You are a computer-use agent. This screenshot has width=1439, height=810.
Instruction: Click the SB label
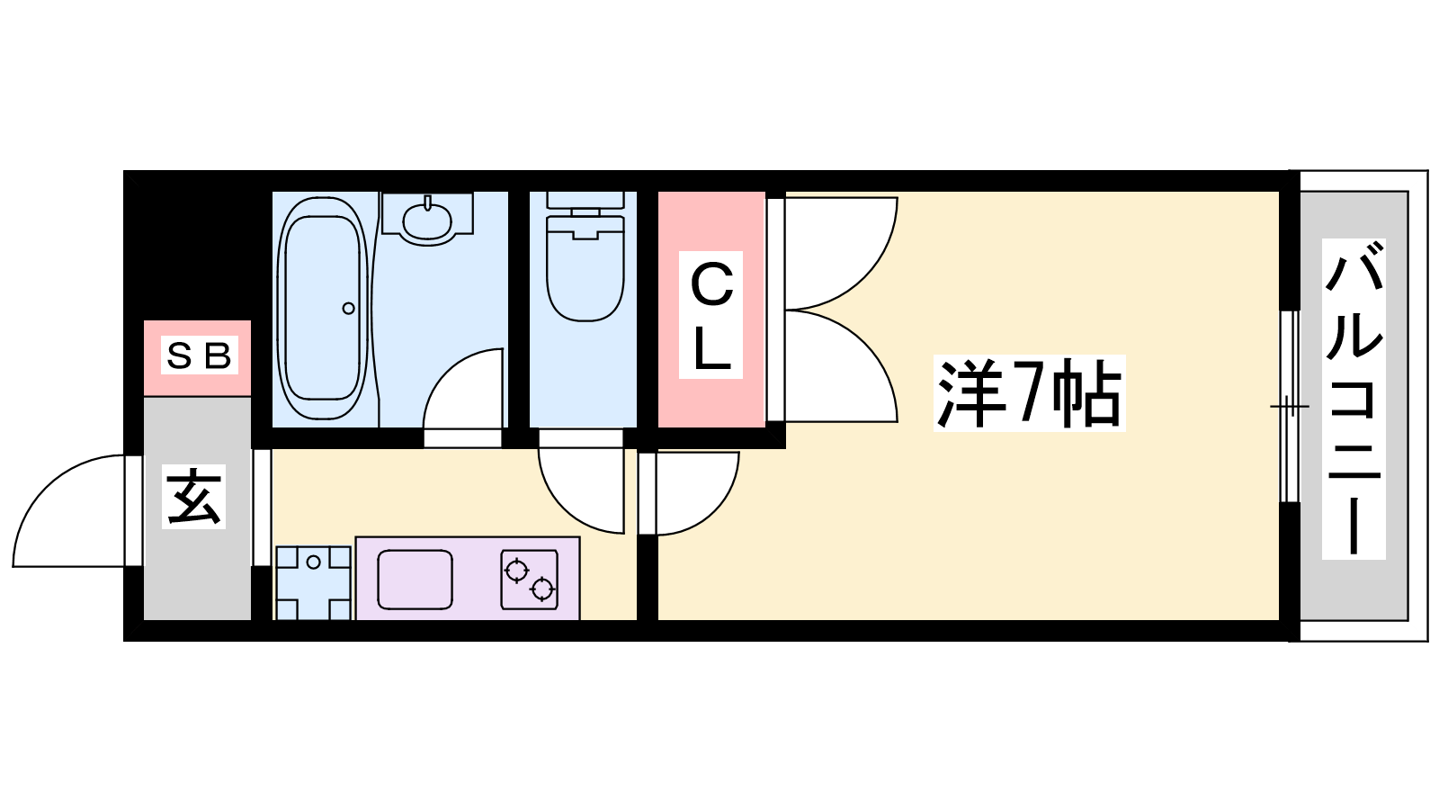tap(199, 355)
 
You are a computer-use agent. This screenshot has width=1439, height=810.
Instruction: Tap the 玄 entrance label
tap(193, 496)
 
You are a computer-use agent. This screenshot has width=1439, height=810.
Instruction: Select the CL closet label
tap(711, 315)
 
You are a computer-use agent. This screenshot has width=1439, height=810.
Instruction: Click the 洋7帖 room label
tap(1029, 392)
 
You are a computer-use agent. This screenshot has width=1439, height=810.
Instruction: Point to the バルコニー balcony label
tap(1354, 400)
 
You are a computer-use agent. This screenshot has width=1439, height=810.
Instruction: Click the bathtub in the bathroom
tap(323, 308)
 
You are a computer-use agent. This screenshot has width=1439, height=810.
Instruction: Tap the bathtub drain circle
tap(348, 309)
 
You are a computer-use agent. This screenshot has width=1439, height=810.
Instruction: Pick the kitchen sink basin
tap(415, 580)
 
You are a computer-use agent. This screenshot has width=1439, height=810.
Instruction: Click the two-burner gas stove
tap(530, 580)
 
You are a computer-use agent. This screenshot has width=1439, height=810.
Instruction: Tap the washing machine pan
tap(313, 582)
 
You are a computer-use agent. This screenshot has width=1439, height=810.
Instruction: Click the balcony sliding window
tap(1290, 406)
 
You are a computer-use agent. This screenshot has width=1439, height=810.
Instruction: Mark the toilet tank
tap(585, 200)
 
